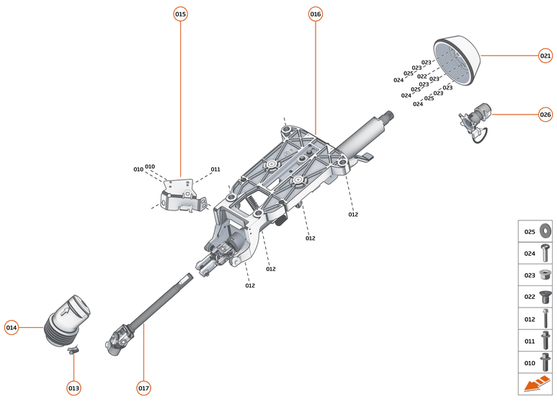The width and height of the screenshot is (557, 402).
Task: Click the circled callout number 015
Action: pos(180,14)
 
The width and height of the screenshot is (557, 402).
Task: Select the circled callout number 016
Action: pos(316,14)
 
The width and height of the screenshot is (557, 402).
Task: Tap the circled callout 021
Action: pos(545,55)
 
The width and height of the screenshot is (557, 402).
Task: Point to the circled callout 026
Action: pos(545,114)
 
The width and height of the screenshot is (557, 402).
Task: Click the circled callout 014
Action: pos(11,328)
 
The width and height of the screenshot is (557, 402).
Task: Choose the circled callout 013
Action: pos(73,388)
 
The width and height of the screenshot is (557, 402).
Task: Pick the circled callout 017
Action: pos(143,388)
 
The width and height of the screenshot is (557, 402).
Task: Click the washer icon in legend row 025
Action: pos(545,231)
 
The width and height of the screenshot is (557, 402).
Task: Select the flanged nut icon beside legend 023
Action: pos(545,274)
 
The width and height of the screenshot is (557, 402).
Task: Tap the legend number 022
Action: pos(530,296)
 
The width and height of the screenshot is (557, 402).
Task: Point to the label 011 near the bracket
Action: pos(215,169)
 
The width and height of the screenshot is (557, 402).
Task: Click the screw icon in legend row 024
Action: pos(545,253)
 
